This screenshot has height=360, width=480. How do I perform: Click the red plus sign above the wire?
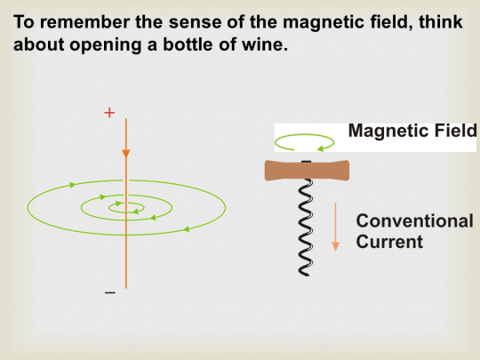109,114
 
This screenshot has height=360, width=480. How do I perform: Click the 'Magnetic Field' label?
412,132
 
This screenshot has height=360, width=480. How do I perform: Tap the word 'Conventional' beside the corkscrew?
414,220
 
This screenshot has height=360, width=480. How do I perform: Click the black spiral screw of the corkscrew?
306,227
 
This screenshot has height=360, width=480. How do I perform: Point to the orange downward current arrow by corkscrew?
336,227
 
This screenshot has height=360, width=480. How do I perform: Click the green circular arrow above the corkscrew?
305,140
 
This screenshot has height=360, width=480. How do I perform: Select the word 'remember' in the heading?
88,19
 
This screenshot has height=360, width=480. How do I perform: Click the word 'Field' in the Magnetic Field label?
453,132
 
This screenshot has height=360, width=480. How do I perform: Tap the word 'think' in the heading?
440,19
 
